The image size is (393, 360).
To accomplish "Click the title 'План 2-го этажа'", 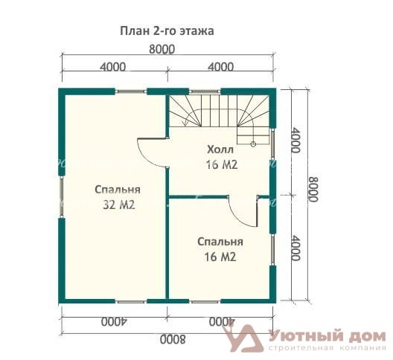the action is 167,31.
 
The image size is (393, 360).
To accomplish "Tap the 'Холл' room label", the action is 220,150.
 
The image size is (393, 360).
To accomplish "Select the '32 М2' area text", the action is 119,205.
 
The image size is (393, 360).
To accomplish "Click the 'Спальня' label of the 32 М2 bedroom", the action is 118,190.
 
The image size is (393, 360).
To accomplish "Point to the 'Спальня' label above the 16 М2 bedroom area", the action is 220,242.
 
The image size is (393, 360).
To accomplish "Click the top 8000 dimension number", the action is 162,49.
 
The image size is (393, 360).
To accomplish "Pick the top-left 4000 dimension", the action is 113,67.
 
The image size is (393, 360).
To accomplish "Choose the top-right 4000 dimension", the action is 221,67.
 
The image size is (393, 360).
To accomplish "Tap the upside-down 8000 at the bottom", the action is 173,340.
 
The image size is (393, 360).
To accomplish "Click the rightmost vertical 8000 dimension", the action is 313,190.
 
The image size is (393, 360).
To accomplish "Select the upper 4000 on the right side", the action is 295,141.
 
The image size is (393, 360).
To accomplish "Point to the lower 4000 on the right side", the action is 295,248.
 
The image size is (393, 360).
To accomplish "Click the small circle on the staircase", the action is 253,144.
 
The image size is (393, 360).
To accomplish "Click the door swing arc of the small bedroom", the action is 238,216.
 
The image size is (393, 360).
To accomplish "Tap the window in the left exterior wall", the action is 62,196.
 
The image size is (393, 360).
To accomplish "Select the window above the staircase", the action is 205,91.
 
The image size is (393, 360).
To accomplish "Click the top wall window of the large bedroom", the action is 131,91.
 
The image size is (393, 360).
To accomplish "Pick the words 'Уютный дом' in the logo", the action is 327,336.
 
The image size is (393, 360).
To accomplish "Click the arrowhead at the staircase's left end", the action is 185,123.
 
